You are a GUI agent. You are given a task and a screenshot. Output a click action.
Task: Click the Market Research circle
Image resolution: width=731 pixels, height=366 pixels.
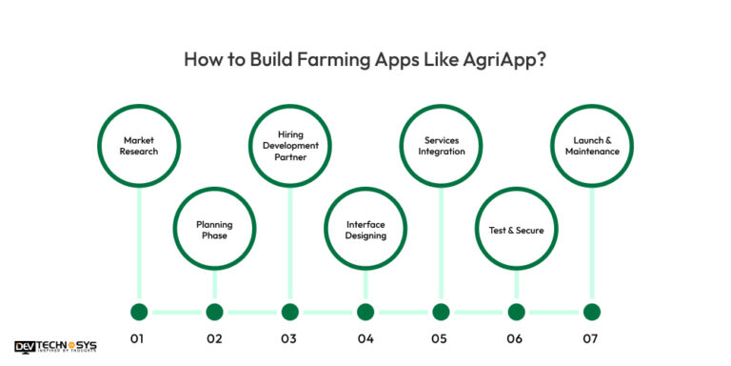pyautogui.click(x=139, y=146)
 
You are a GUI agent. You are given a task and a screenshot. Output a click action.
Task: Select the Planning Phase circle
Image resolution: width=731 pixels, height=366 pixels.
pyautogui.click(x=214, y=230)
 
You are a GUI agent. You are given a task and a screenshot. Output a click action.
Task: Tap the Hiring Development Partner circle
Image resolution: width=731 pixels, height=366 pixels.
pyautogui.click(x=289, y=146)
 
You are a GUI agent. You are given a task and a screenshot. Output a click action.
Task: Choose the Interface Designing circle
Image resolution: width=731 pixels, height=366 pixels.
pyautogui.click(x=365, y=230)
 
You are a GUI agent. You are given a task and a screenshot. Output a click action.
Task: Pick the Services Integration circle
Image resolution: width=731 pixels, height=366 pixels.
pyautogui.click(x=441, y=146)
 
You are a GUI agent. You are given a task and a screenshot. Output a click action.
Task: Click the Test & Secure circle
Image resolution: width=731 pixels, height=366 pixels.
pyautogui.click(x=516, y=230)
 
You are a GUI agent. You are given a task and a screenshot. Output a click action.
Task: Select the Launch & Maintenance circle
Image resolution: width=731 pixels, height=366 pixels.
pyautogui.click(x=591, y=146)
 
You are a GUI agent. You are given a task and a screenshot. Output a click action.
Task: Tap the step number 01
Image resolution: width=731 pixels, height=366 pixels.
pyautogui.click(x=139, y=338)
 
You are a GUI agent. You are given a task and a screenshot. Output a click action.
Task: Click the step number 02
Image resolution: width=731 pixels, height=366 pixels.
pyautogui.click(x=214, y=338)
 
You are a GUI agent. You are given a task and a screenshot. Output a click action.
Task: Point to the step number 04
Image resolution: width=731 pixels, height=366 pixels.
pyautogui.click(x=365, y=338)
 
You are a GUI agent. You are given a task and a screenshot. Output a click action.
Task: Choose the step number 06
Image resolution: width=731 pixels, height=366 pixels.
pyautogui.click(x=516, y=338)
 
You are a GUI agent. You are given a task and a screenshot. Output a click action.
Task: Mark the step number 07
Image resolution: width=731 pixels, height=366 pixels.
pyautogui.click(x=591, y=338)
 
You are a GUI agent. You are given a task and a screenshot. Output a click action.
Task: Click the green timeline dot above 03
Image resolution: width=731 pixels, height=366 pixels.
pyautogui.click(x=289, y=312)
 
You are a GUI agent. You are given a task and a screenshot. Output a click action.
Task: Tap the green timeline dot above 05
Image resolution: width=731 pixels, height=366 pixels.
pyautogui.click(x=441, y=312)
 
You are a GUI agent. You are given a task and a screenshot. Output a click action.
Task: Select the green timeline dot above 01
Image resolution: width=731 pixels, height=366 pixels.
pyautogui.click(x=139, y=312)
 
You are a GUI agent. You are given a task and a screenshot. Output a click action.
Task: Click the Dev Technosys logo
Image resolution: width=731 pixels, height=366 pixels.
pyautogui.click(x=55, y=348)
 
